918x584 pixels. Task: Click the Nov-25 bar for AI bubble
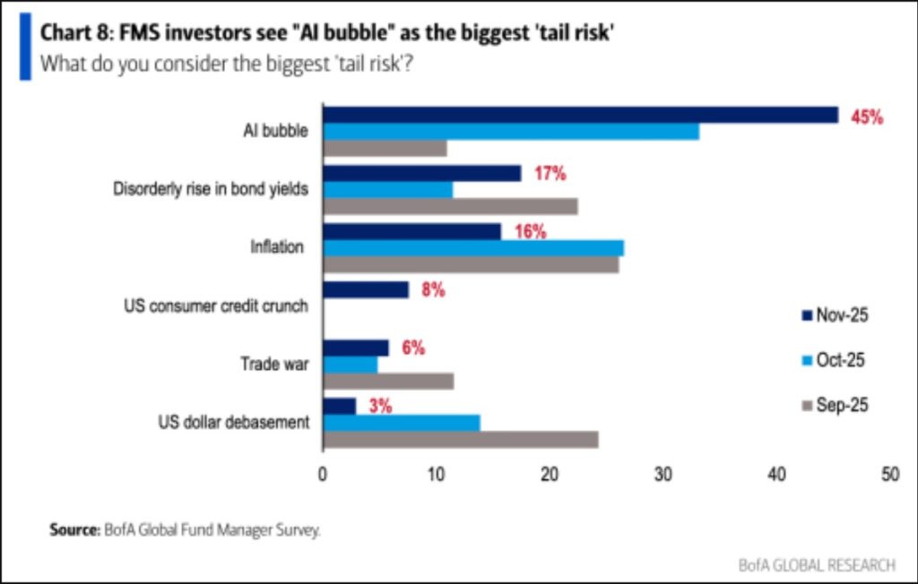pos(580,115)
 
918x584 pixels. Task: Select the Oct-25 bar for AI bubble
pos(511,132)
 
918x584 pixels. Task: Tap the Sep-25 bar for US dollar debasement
pos(461,440)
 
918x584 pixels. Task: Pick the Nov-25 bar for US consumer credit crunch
pos(366,290)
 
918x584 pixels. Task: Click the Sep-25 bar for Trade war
pos(388,381)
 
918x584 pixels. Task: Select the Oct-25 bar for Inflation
pos(473,248)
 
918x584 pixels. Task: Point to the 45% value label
pos(867,117)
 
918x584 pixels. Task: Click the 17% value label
pos(550,175)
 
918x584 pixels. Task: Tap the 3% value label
pos(380,406)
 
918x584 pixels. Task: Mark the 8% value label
pos(433,290)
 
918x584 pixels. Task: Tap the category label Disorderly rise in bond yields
pos(211,189)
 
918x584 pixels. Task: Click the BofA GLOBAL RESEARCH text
pos(816,564)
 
